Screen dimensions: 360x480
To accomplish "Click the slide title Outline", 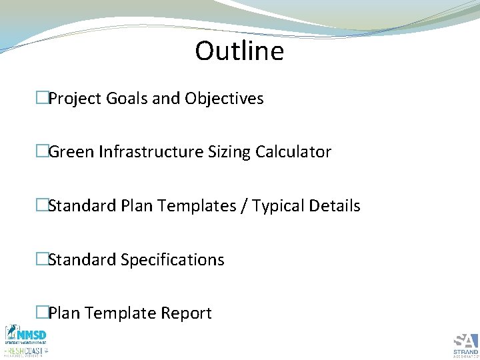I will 239,51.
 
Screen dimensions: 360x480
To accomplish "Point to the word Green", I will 71,152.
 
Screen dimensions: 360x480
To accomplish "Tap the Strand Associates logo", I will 465,344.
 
